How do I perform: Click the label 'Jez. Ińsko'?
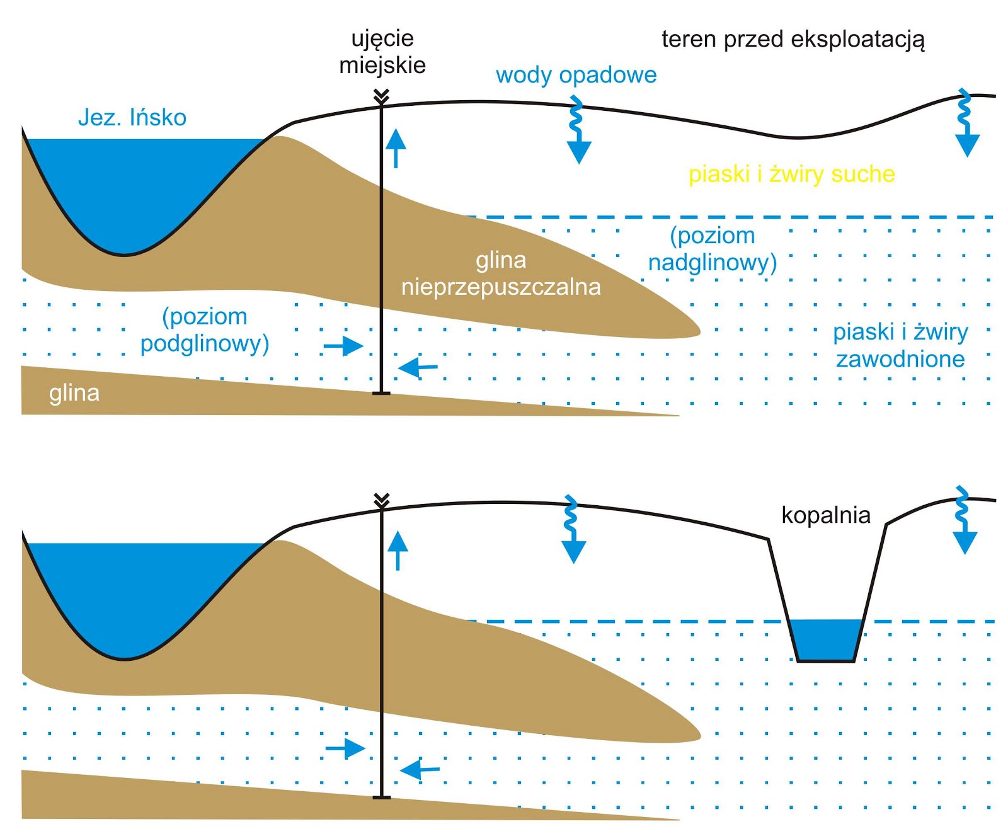click(132, 118)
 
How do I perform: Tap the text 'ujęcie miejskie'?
click(382, 52)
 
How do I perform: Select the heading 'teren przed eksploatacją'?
click(793, 40)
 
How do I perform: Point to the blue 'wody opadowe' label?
click(576, 75)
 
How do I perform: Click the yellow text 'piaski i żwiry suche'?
click(791, 174)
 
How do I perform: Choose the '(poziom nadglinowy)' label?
click(713, 249)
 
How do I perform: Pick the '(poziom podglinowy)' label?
click(205, 329)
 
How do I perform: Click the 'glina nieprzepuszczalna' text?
click(501, 273)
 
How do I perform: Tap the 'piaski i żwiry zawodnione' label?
click(900, 345)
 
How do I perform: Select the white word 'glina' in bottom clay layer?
click(74, 393)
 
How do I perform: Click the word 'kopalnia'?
click(825, 515)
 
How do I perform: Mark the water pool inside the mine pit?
click(825, 640)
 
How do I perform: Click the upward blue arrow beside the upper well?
click(396, 147)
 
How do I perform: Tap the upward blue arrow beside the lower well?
click(398, 550)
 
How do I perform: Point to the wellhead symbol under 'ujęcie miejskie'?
click(381, 97)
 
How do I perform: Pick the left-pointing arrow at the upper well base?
click(418, 367)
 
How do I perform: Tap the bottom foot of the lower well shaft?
click(381, 797)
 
